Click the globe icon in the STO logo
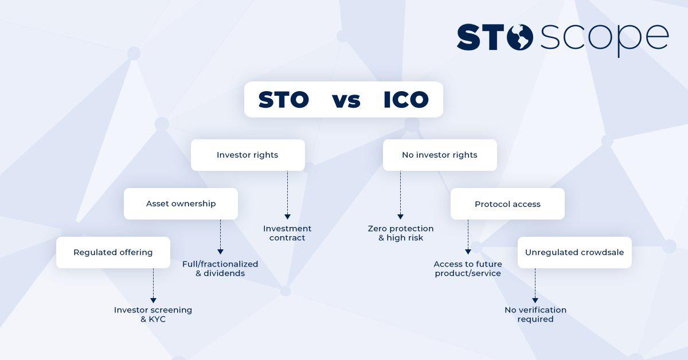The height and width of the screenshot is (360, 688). pos(519,37)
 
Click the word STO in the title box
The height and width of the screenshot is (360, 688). pos(283,100)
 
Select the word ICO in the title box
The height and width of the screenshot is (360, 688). pos(406,100)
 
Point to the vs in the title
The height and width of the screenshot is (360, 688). pos(346,101)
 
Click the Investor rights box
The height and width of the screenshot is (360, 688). pos(248,155)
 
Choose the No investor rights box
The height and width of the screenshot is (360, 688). pos(440,155)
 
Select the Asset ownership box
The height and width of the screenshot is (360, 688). pos(181,204)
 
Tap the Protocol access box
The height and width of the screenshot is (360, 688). pos(508,204)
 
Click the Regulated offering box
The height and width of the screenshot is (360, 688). pos(113,252)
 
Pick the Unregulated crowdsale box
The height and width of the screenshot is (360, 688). pos(574,252)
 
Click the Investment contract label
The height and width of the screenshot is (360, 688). pos(287,233)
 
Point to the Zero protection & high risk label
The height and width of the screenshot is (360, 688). pos(401,233)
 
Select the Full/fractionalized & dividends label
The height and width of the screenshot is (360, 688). pos(220,269)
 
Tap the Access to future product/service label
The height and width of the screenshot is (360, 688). pos(468,269)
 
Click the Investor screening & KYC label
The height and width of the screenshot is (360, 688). pos(153,315)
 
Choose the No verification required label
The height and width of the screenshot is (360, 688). pos(535,315)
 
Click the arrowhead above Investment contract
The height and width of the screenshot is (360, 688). pos(287,217)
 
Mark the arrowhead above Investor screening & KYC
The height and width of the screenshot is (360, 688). pos(153,300)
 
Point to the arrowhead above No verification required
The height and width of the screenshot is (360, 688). pos(535,300)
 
